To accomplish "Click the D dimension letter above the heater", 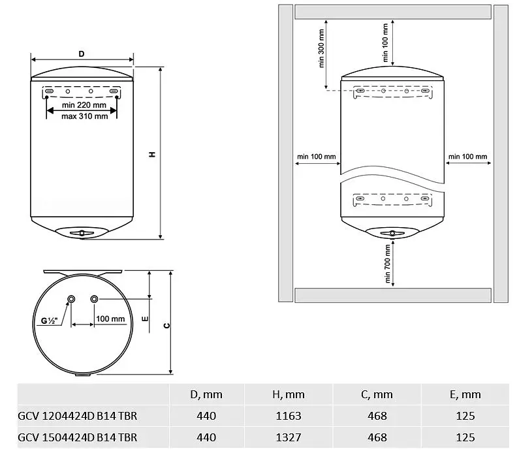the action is point(82,54).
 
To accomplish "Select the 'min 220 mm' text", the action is point(84,105).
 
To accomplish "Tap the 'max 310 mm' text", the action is point(84,116).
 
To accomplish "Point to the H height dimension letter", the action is point(152,154).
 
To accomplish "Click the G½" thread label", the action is point(49,321).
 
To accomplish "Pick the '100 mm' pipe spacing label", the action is point(110,319).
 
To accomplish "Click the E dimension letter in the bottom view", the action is point(145,319).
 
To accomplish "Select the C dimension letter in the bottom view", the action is point(167,326).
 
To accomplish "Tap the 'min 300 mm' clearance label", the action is point(321,48).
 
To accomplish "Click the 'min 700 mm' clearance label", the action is point(387,264).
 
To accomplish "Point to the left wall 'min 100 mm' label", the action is point(317,156).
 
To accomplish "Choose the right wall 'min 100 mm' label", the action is point(467,156).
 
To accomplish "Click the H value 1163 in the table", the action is point(289,416).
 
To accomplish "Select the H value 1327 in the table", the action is point(289,437).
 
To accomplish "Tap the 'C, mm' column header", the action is point(377,395).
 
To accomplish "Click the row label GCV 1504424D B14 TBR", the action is point(78,437).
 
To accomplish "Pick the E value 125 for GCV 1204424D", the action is point(465,416).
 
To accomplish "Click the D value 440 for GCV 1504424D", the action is point(206,437).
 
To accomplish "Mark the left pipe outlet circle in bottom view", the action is point(71,299).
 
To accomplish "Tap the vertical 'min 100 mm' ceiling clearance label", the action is point(385,42).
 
